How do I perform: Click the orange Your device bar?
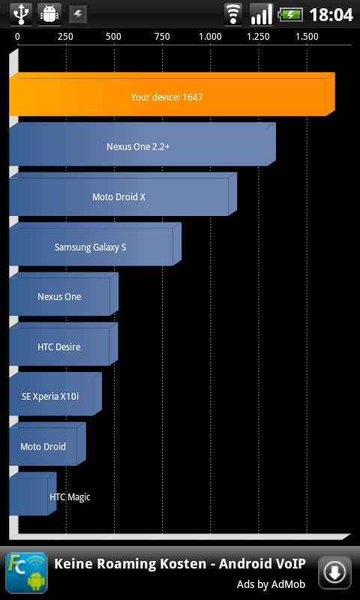pyautogui.click(x=172, y=94)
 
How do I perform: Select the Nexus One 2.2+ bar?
pyautogui.click(x=142, y=144)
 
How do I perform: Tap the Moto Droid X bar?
pyautogui.click(x=123, y=194)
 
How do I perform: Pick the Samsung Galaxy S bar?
pyautogui.click(x=95, y=244)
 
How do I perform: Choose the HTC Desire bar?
pyautogui.click(x=64, y=344)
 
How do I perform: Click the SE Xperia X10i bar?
pyautogui.click(x=55, y=394)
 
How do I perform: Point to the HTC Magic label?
pyautogui.click(x=70, y=497)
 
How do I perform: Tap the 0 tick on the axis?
pyautogui.click(x=17, y=37)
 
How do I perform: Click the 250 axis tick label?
pyautogui.click(x=65, y=37)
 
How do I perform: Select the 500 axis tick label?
pyautogui.click(x=113, y=37)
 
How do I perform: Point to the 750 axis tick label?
pyautogui.click(x=162, y=37)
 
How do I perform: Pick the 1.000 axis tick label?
pyautogui.click(x=210, y=37)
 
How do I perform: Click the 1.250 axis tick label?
pyautogui.click(x=258, y=37)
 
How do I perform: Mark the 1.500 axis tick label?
pyautogui.click(x=307, y=37)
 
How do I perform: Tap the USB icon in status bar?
pyautogui.click(x=21, y=14)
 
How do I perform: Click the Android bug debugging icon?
pyautogui.click(x=49, y=14)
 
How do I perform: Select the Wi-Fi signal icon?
pyautogui.click(x=233, y=14)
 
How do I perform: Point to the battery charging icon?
pyautogui.click(x=290, y=15)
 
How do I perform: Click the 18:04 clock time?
pyautogui.click(x=331, y=15)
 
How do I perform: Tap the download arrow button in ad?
pyautogui.click(x=334, y=572)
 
